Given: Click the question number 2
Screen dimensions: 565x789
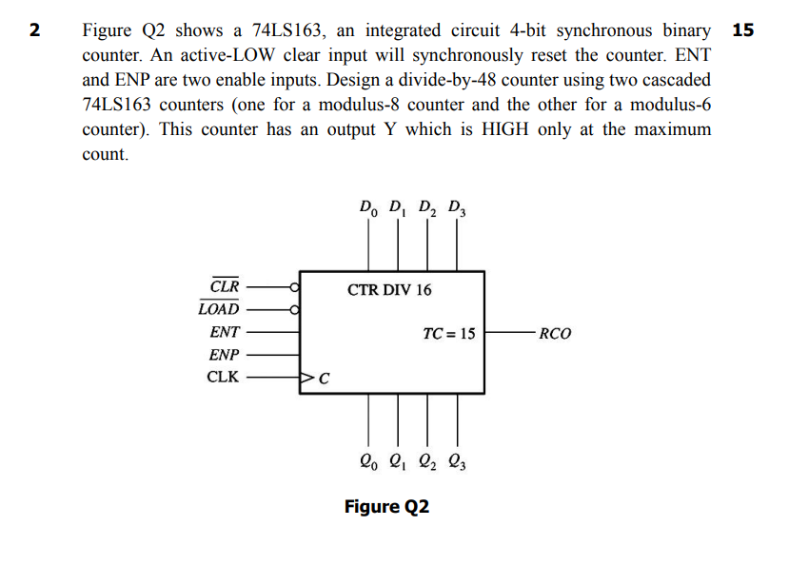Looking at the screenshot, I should click(x=35, y=29).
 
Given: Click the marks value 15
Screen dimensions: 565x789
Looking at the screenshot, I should click(x=743, y=29).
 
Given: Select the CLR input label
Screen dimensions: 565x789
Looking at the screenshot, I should click(x=225, y=285).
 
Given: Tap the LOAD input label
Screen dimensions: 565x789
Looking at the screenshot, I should click(x=219, y=309).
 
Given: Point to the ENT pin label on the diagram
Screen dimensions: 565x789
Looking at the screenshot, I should click(x=225, y=333).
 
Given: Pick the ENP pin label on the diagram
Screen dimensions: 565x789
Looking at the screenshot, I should click(x=225, y=355).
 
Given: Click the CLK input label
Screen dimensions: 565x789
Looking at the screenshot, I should click(x=223, y=378).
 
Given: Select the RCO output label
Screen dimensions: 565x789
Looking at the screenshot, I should click(x=555, y=334).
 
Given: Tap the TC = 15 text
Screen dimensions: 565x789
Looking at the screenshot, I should click(x=448, y=334).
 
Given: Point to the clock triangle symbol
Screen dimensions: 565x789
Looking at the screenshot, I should click(x=307, y=379).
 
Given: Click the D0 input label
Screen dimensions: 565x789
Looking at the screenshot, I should click(x=367, y=206).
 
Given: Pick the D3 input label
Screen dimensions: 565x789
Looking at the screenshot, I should click(x=457, y=206).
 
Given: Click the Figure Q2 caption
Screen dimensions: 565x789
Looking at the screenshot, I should click(x=386, y=507).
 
